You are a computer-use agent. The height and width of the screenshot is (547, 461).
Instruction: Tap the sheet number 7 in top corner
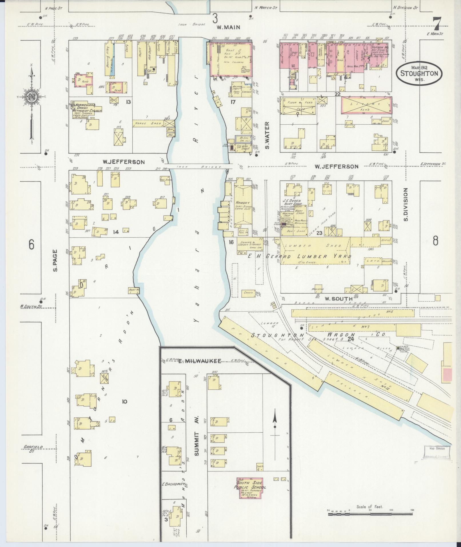pyautogui.click(x=437, y=24)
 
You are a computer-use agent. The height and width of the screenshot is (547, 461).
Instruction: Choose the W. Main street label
pyautogui.click(x=228, y=27)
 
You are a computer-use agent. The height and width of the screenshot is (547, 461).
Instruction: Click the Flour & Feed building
pyautogui.click(x=298, y=105)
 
